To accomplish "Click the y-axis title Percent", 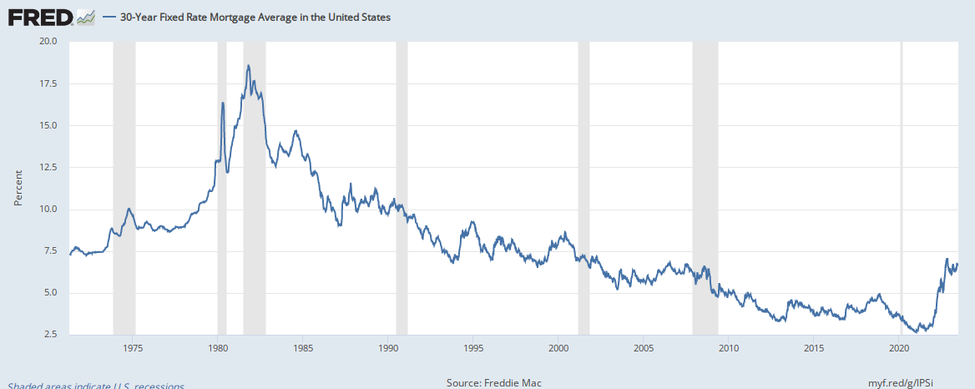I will coord(18,189).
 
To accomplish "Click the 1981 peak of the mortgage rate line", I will coord(248,65).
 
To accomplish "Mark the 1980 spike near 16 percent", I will coord(223,103).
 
